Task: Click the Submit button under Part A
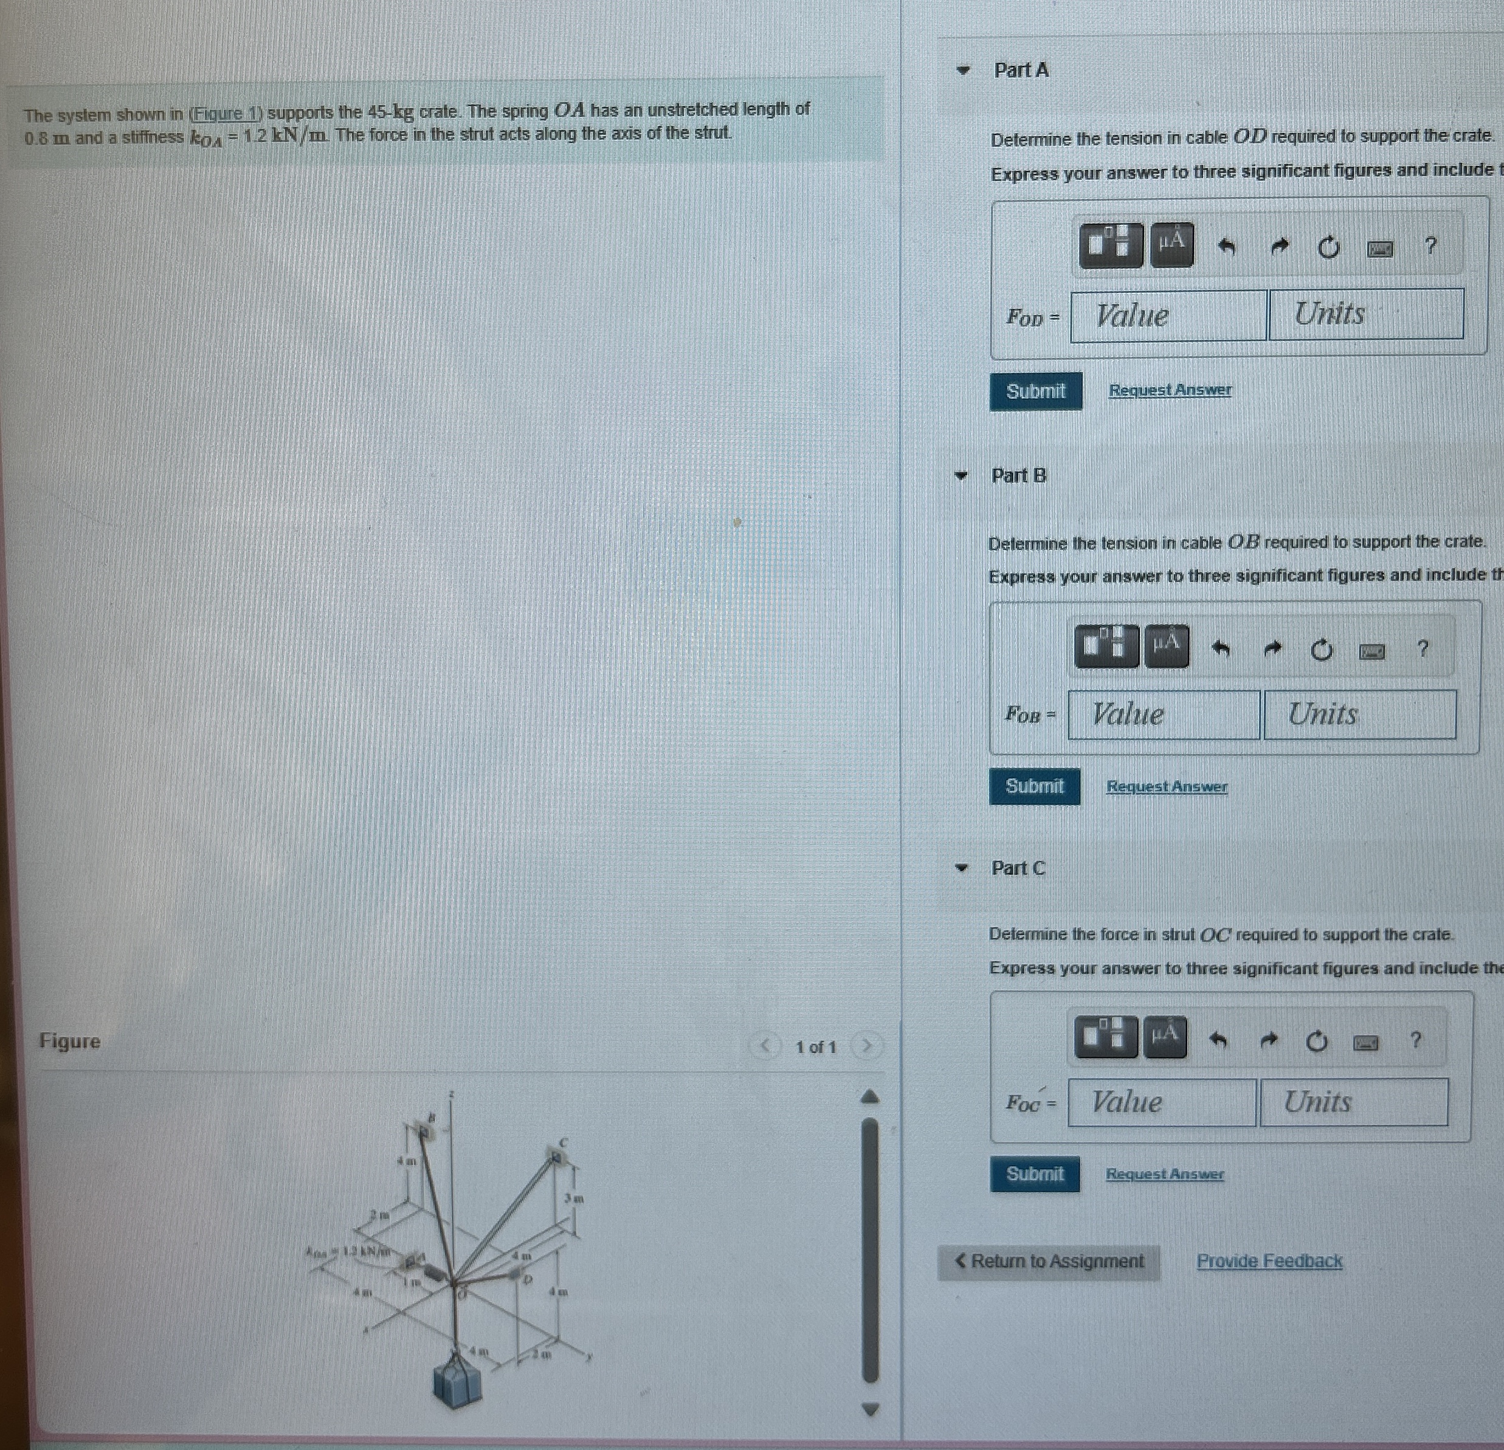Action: coord(1035,391)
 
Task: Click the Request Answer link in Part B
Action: coord(1167,786)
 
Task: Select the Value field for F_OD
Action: coord(1168,315)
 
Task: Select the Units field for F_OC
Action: coord(1354,1102)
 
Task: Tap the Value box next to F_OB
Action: coord(1164,714)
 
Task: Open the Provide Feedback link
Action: coord(1269,1261)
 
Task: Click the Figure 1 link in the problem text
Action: coord(226,114)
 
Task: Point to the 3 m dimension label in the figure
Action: coord(574,1198)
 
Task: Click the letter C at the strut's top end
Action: coord(563,1142)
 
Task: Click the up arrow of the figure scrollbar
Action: coord(869,1097)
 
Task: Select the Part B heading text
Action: coord(1018,476)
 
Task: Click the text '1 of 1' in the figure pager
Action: coord(815,1046)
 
